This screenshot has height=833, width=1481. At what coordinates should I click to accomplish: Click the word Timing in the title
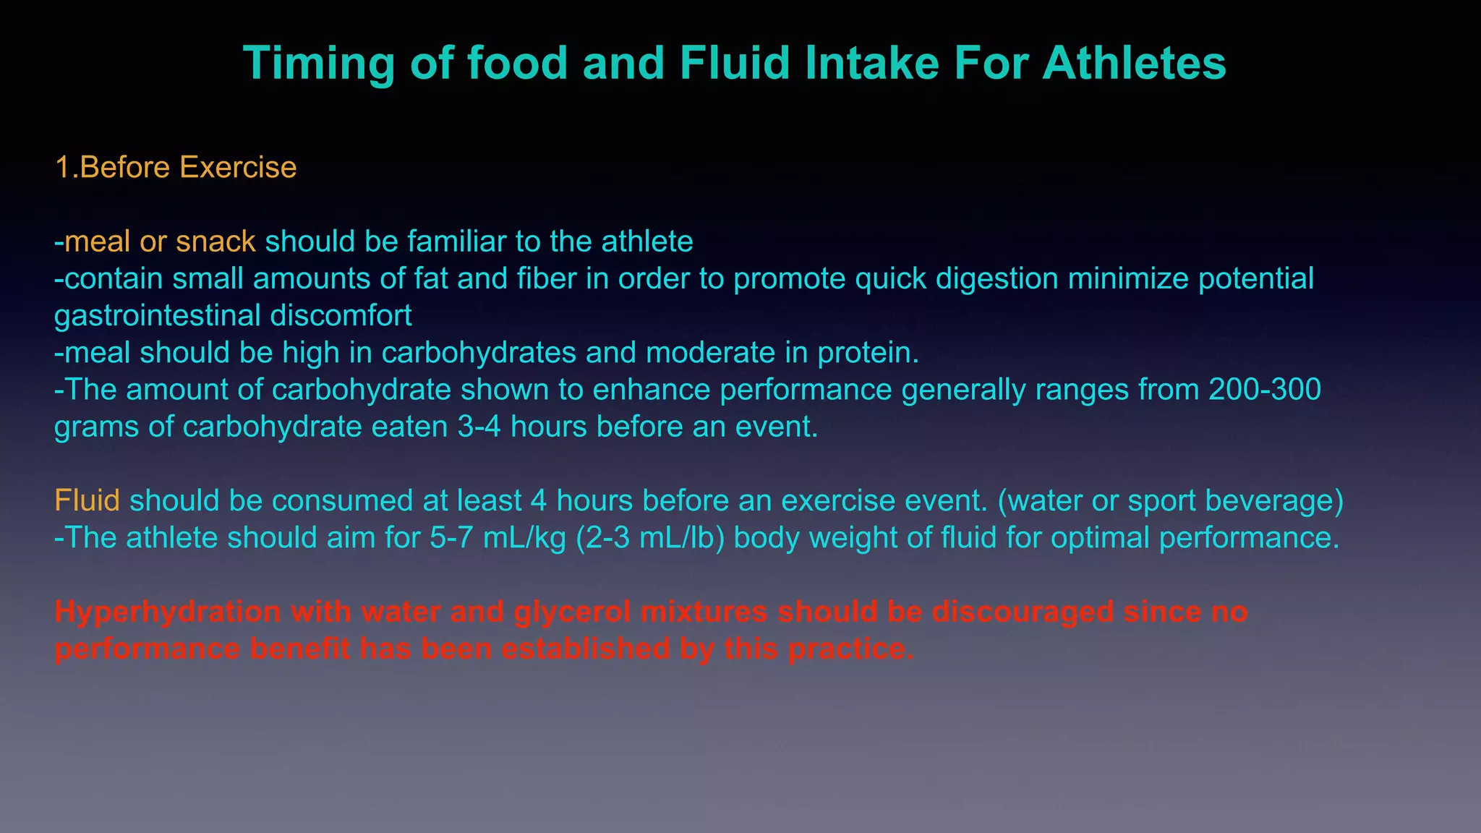[x=319, y=64]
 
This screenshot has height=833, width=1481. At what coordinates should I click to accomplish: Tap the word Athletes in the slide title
[x=1134, y=64]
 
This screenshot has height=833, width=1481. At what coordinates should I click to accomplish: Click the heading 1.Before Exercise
[x=176, y=167]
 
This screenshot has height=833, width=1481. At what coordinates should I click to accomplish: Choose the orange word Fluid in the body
[x=87, y=500]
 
